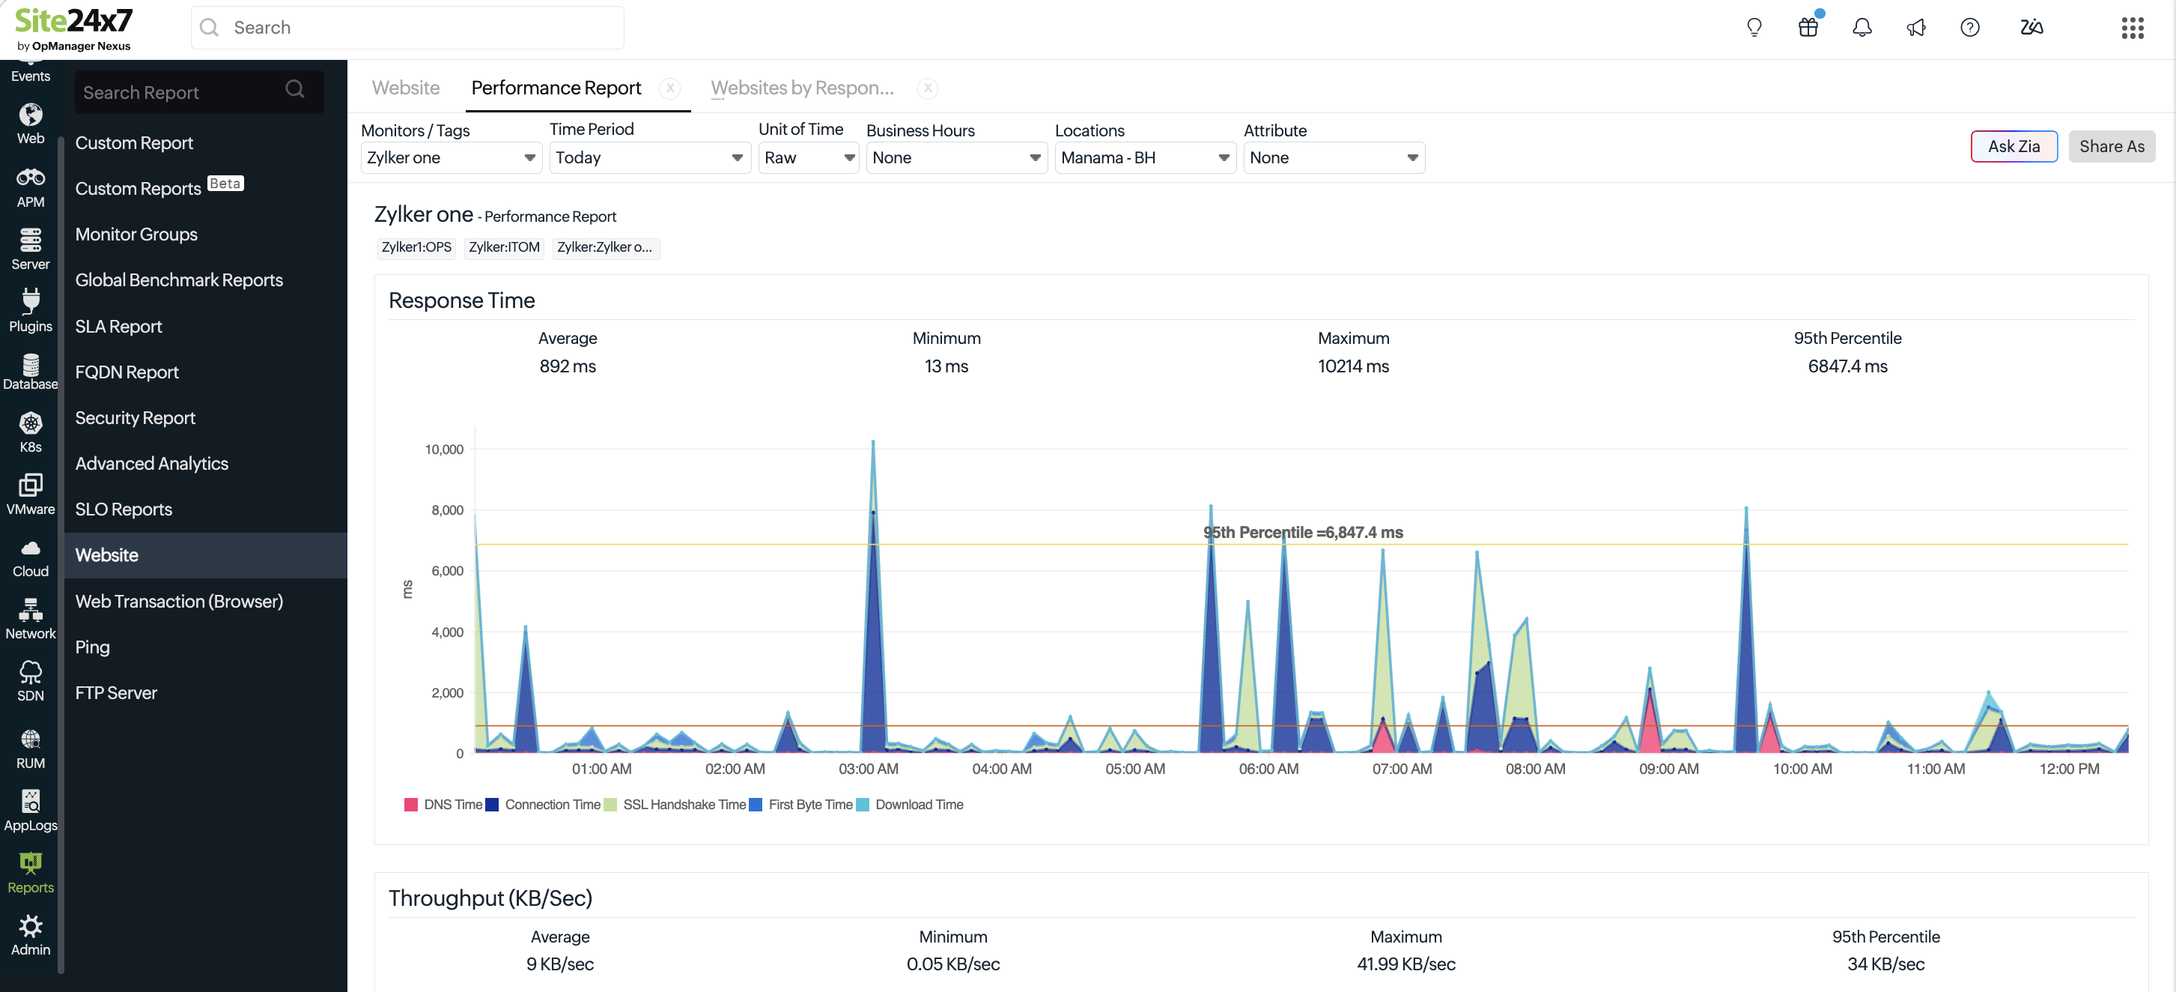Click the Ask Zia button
coord(2014,146)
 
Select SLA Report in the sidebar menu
coord(118,326)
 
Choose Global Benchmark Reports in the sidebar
coord(179,279)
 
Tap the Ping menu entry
coord(92,647)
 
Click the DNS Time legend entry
coord(443,805)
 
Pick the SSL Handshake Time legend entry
coord(675,805)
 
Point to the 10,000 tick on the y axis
coord(443,450)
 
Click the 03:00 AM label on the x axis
coord(869,769)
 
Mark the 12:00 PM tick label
coord(2069,769)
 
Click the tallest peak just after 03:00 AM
coord(872,442)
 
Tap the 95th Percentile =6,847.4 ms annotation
coord(1303,532)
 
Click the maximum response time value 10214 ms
coord(1353,366)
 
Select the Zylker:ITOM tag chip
coord(504,247)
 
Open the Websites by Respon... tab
coord(803,88)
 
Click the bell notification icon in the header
coord(1862,28)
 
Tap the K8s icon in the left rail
coord(31,423)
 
